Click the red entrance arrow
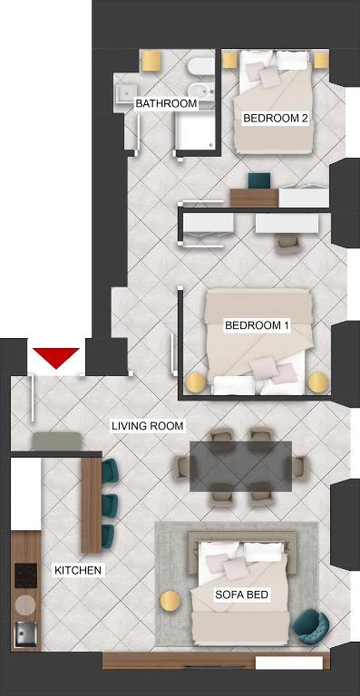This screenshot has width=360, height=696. tap(56, 356)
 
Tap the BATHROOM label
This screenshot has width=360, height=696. tap(166, 104)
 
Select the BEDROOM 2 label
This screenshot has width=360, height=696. tap(276, 118)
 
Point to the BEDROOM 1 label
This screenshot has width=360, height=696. tap(257, 325)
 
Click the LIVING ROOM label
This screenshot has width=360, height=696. tap(148, 426)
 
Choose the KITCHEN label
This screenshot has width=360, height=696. tap(78, 570)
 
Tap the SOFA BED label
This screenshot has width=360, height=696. tap(242, 594)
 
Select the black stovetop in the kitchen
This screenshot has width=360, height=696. tap(25, 575)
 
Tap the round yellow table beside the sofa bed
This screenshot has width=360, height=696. tap(170, 602)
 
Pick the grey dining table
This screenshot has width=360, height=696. tap(240, 466)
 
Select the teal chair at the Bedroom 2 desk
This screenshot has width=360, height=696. tap(259, 180)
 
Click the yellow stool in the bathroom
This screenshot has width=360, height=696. tap(151, 61)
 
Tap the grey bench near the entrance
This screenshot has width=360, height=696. tap(57, 440)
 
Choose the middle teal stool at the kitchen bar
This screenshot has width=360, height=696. tap(109, 505)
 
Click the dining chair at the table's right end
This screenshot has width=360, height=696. tap(300, 468)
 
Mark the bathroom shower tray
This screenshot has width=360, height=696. tap(195, 130)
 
